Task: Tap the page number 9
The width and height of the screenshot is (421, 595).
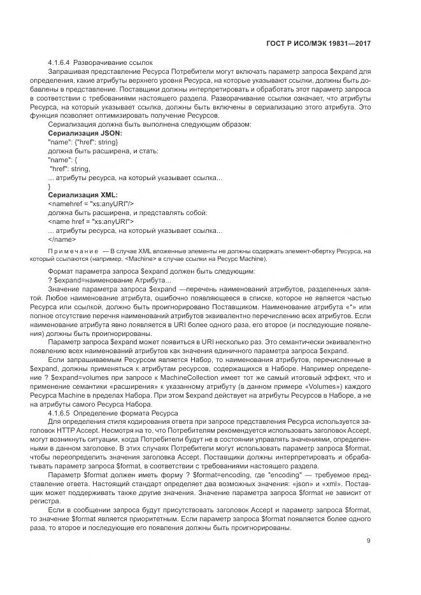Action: [x=369, y=541]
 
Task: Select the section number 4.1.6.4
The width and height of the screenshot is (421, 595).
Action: [x=59, y=62]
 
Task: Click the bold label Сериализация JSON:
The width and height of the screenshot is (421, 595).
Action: [x=85, y=133]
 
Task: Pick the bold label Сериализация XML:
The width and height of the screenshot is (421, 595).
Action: [x=83, y=195]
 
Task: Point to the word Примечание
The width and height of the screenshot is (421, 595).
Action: [x=73, y=252]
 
